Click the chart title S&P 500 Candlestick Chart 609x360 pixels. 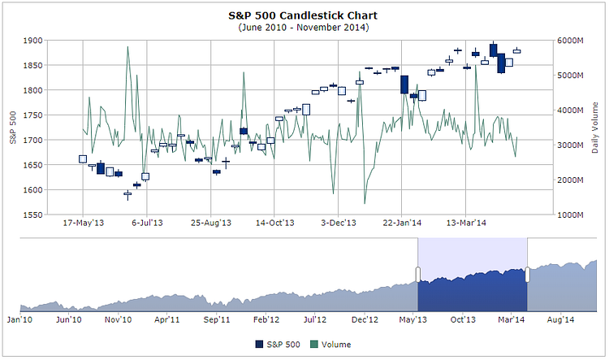304,15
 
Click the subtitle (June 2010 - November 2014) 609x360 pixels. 304,28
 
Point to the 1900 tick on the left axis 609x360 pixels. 32,40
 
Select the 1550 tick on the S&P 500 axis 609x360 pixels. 32,215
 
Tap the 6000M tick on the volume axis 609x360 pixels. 570,40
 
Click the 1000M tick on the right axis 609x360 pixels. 570,215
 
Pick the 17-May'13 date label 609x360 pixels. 84,221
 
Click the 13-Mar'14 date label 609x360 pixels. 467,221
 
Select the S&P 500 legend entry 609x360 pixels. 278,345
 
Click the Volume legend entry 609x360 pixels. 330,345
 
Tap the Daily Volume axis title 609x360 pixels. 596,128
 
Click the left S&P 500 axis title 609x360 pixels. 14,128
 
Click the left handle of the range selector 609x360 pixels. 418,274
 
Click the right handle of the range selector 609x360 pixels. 527,274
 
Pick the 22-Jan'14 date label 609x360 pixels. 402,221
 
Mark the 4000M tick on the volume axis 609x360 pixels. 570,111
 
